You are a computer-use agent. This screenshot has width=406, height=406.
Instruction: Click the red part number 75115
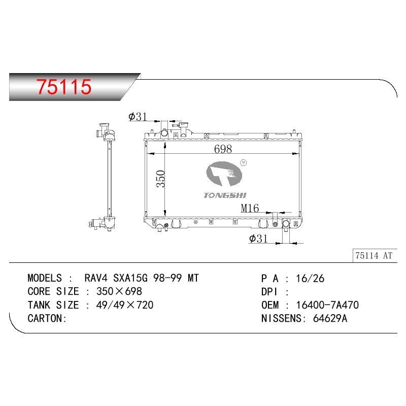(x=64, y=86)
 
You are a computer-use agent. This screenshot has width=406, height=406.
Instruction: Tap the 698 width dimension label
(x=223, y=149)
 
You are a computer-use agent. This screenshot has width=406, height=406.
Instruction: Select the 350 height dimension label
(x=160, y=179)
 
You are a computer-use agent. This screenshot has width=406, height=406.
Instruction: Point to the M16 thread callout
(x=250, y=208)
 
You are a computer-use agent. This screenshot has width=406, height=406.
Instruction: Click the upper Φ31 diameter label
(x=138, y=117)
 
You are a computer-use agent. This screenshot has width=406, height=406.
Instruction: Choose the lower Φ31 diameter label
(x=258, y=239)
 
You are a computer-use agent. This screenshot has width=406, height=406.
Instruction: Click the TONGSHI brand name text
(x=225, y=195)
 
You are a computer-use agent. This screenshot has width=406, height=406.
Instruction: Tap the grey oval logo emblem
(x=224, y=174)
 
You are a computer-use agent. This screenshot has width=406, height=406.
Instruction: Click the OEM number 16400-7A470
(x=327, y=305)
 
